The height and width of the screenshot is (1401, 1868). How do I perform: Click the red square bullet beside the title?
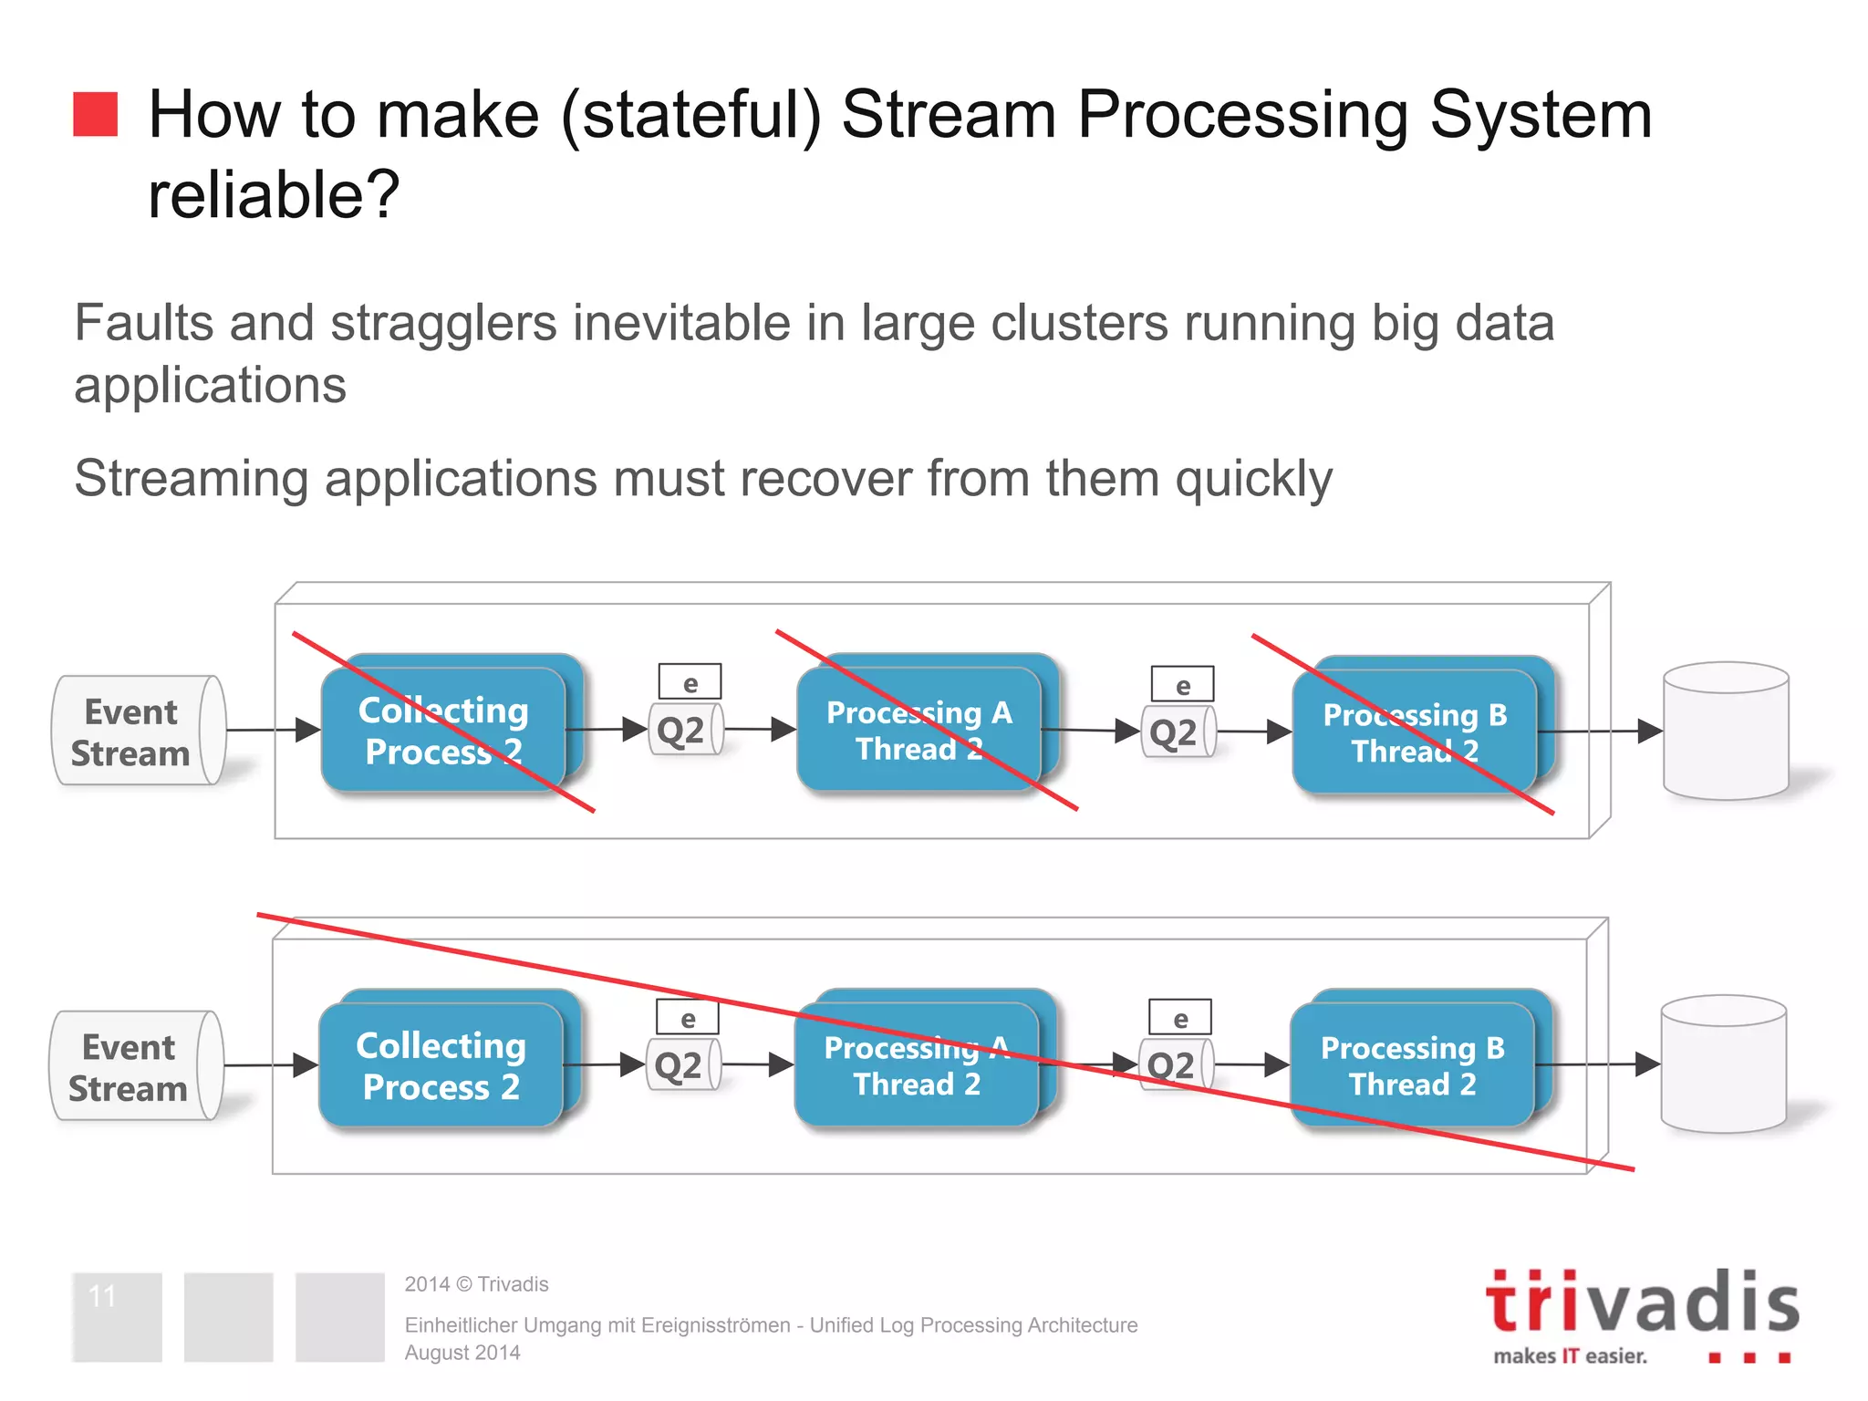(96, 114)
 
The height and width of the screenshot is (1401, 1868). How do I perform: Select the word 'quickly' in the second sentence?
(1253, 479)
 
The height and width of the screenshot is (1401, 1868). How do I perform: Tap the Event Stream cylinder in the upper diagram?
(137, 731)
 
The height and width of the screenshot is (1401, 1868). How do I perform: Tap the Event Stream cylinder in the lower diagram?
(135, 1065)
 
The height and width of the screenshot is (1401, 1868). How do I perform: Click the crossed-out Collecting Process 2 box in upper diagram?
(444, 731)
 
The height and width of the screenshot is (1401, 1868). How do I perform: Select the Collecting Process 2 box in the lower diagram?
(441, 1065)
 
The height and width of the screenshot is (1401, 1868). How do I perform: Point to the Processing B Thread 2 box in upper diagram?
(1415, 732)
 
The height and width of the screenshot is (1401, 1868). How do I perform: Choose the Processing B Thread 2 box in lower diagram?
(1413, 1065)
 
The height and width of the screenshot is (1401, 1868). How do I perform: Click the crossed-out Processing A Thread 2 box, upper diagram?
(919, 731)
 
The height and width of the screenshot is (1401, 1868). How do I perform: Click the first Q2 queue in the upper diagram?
(684, 730)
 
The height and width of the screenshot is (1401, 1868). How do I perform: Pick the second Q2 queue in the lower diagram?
(1175, 1064)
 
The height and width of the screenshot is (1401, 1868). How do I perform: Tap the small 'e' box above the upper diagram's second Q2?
(1182, 685)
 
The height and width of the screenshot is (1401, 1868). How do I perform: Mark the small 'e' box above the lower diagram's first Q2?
(688, 1018)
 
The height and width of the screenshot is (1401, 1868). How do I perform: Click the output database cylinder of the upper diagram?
(1726, 732)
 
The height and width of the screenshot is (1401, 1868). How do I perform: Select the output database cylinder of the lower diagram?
(1723, 1065)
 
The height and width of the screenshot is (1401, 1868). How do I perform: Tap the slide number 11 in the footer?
(103, 1296)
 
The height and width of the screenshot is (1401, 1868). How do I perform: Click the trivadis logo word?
(1642, 1302)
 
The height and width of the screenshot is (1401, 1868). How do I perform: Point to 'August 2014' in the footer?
(462, 1353)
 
